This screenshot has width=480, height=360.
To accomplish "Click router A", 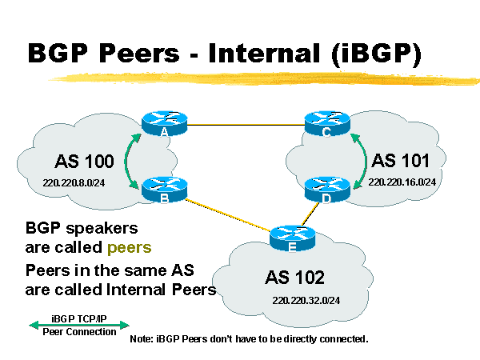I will tap(163, 124).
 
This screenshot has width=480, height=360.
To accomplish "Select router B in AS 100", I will tap(163, 190).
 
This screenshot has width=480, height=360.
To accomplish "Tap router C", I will tap(326, 124).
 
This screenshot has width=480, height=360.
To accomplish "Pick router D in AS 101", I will tap(326, 190).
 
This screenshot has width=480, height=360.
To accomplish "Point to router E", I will tap(291, 237).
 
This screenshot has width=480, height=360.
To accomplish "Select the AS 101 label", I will tap(402, 159).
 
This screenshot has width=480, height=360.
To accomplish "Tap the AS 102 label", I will tap(295, 278).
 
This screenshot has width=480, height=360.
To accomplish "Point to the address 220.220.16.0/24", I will tap(402, 182).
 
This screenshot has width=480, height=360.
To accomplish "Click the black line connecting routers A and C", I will tap(244, 125).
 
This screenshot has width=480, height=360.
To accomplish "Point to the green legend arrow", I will tap(78, 324).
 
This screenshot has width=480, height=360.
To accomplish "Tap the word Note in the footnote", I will tap(142, 339).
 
